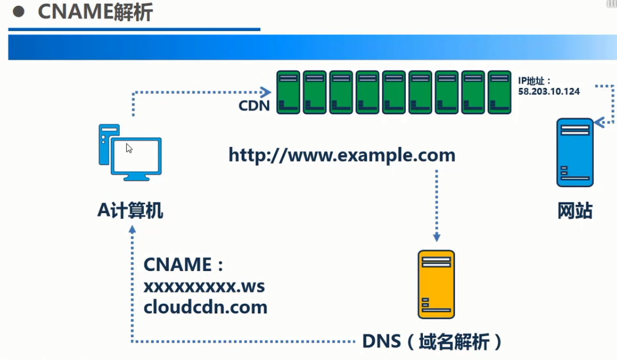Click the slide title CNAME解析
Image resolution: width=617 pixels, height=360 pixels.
coord(95,12)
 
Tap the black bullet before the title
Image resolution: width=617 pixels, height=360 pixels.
coord(19,12)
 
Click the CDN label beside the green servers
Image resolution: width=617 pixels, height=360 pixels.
coord(254,106)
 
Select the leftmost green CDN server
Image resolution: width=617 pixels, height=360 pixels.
coord(288,93)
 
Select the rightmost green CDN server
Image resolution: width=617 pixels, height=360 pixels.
coord(500,93)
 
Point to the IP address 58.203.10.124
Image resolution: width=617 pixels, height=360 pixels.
coord(549,91)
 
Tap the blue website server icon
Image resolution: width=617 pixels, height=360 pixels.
coord(575,153)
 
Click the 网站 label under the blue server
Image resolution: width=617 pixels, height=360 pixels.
coord(575,211)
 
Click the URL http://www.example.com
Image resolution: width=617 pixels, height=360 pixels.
coord(342,155)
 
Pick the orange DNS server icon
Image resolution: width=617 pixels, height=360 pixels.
coord(436,284)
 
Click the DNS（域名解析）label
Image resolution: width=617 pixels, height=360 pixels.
coord(432,341)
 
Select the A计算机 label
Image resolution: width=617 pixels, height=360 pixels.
coord(130,211)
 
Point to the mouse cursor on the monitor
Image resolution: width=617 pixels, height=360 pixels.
coord(129,148)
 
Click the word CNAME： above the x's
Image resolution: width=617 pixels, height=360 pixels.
coord(183,265)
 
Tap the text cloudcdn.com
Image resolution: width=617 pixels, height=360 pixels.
coord(205,307)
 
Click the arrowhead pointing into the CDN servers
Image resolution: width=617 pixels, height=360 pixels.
coord(267,93)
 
